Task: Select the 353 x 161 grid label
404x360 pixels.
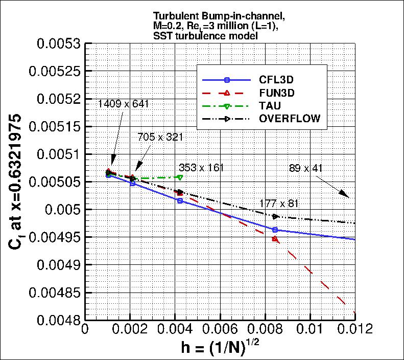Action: click(x=201, y=168)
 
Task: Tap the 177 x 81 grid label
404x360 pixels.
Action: click(x=279, y=203)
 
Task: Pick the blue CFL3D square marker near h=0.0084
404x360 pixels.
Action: click(x=275, y=230)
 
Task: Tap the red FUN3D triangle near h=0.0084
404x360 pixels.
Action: click(x=275, y=238)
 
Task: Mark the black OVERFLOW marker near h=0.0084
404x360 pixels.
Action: click(x=276, y=216)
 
